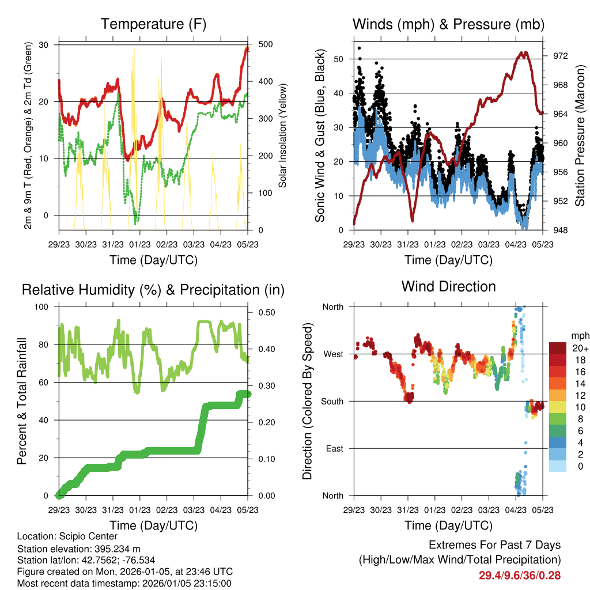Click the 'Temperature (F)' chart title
click(x=153, y=24)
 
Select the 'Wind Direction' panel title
click(x=448, y=286)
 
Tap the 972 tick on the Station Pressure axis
click(x=561, y=56)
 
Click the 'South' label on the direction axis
click(x=332, y=401)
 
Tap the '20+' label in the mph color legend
click(x=580, y=347)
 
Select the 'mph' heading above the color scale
click(x=580, y=335)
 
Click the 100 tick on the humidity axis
click(x=44, y=307)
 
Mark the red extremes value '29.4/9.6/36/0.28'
click(x=519, y=575)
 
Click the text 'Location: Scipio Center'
click(x=67, y=537)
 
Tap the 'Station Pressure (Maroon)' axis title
click(x=580, y=135)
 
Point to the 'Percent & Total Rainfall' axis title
click(x=21, y=401)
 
